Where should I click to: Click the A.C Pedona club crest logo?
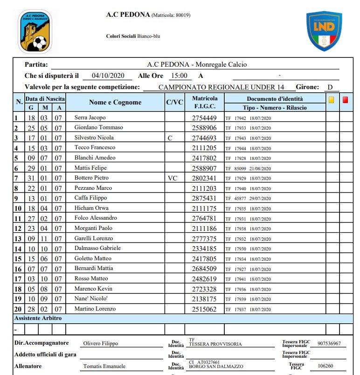click(x=35, y=32)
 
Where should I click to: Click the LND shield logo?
click(x=324, y=31)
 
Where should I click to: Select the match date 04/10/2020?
click(x=108, y=76)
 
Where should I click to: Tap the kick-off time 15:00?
click(x=179, y=76)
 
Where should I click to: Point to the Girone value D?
click(x=330, y=87)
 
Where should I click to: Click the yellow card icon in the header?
click(x=332, y=100)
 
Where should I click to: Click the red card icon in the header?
click(x=345, y=100)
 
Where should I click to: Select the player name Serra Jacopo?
click(x=90, y=118)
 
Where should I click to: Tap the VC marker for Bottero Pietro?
click(x=173, y=178)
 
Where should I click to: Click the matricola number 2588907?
click(x=205, y=168)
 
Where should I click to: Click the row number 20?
click(x=18, y=309)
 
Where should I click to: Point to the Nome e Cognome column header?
click(x=115, y=103)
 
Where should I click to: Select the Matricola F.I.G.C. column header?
click(x=205, y=103)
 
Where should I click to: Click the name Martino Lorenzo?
click(x=95, y=309)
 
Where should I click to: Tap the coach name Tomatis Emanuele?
click(x=104, y=366)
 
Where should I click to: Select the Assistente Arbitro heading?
click(x=38, y=318)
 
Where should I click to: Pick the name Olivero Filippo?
click(x=100, y=344)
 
